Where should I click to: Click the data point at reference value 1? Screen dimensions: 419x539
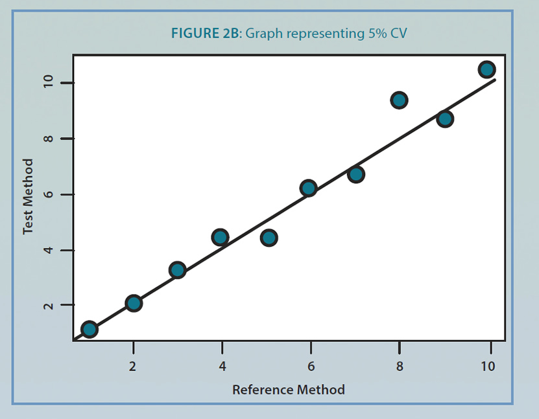[x=90, y=329]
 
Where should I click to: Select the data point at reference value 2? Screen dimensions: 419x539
[x=134, y=303]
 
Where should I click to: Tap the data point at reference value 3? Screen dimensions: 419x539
[x=178, y=270]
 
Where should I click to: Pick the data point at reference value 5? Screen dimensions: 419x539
[x=269, y=238]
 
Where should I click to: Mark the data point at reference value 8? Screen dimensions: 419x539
[x=399, y=100]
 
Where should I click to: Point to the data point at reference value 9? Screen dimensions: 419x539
[x=444, y=119]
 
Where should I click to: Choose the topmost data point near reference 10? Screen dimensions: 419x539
[x=486, y=69]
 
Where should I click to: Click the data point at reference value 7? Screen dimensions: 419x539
[x=355, y=174]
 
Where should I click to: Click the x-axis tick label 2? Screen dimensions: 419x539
[x=133, y=366]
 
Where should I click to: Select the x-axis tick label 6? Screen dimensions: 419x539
[x=311, y=366]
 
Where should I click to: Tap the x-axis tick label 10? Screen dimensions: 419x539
[x=488, y=366]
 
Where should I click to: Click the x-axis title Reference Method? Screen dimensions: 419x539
[x=289, y=390]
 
